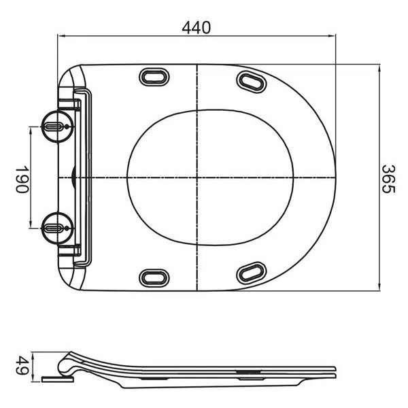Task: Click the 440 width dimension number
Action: pos(196,27)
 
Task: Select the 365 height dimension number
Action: pos(387,178)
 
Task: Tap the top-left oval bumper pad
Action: pos(154,78)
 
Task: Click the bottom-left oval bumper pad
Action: pos(154,277)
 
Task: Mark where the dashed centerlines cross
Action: pos(197,177)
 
